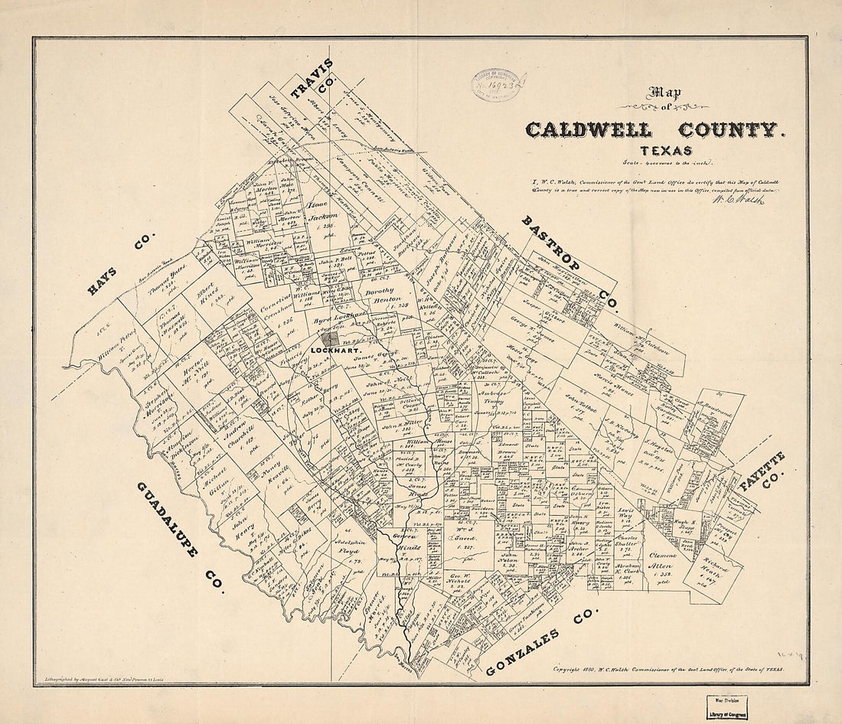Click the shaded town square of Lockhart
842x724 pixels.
(331, 338)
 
